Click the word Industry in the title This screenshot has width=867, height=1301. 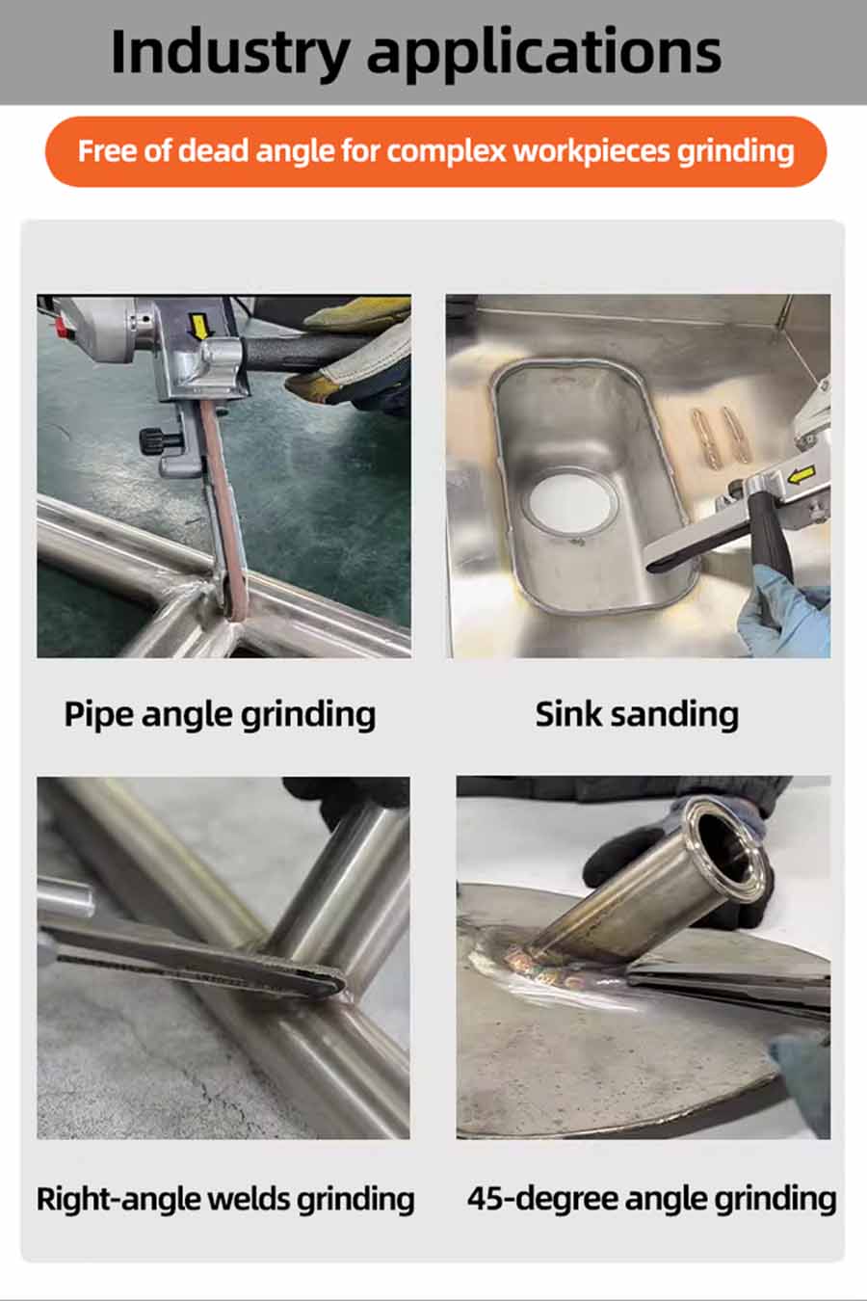pyautogui.click(x=230, y=54)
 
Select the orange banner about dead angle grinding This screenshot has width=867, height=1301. pyautogui.click(x=435, y=151)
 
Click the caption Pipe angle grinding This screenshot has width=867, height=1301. pyautogui.click(x=220, y=715)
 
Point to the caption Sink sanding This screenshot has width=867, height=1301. pyautogui.click(x=637, y=715)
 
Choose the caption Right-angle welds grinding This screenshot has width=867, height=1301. pyautogui.click(x=225, y=1199)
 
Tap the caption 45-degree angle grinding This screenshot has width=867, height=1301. pyautogui.click(x=651, y=1199)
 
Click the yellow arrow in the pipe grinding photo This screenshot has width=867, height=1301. pyautogui.click(x=200, y=327)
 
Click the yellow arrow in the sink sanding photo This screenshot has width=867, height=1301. pyautogui.click(x=801, y=476)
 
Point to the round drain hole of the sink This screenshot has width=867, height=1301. pyautogui.click(x=570, y=503)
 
